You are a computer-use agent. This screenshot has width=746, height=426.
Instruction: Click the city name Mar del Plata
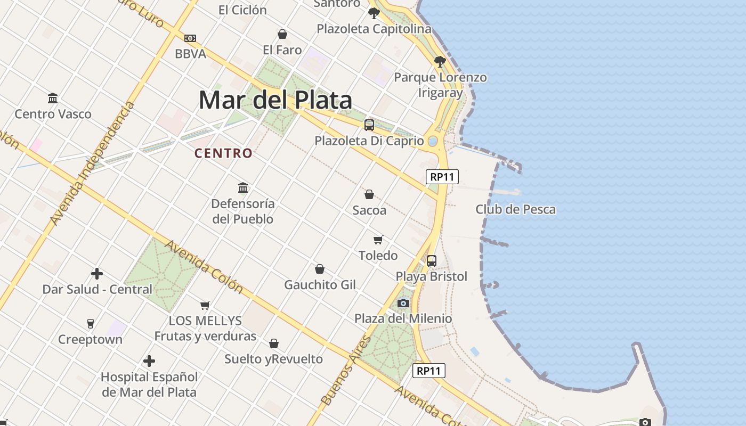click(275, 100)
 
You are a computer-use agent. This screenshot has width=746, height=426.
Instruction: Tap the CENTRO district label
click(223, 153)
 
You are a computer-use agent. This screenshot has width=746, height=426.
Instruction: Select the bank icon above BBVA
click(190, 38)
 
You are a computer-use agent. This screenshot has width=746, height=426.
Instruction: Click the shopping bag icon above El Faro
click(282, 35)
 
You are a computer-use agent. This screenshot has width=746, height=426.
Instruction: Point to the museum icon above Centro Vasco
click(53, 99)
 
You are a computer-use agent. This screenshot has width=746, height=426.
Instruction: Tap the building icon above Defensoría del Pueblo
click(243, 187)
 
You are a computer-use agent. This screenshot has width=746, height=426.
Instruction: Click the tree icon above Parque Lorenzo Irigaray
click(440, 62)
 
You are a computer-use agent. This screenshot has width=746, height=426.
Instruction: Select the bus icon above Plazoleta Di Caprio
click(369, 125)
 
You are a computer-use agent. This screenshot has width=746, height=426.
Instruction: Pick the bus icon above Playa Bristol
click(432, 261)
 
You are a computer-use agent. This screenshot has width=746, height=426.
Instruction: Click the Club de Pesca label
click(515, 209)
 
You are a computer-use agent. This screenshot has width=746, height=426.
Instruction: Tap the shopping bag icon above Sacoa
click(369, 194)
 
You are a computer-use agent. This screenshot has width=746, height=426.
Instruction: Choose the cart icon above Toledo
click(378, 240)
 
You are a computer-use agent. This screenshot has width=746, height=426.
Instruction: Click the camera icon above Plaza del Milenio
click(403, 303)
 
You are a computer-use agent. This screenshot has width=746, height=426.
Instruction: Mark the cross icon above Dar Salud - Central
click(97, 274)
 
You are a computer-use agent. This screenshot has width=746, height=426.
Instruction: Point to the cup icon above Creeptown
click(90, 324)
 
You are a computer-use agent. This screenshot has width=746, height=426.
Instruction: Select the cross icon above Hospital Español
click(149, 361)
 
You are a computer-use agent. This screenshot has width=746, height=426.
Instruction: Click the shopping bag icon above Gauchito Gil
click(320, 269)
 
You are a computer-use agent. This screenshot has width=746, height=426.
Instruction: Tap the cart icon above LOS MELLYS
click(205, 305)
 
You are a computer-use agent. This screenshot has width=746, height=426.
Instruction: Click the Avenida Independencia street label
click(92, 164)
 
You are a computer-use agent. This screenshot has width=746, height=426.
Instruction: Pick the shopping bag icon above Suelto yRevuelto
click(273, 343)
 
